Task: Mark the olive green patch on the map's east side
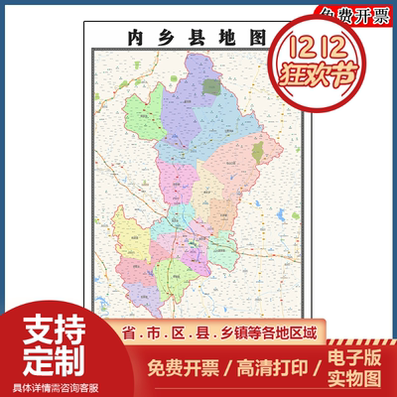tap(259, 152)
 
